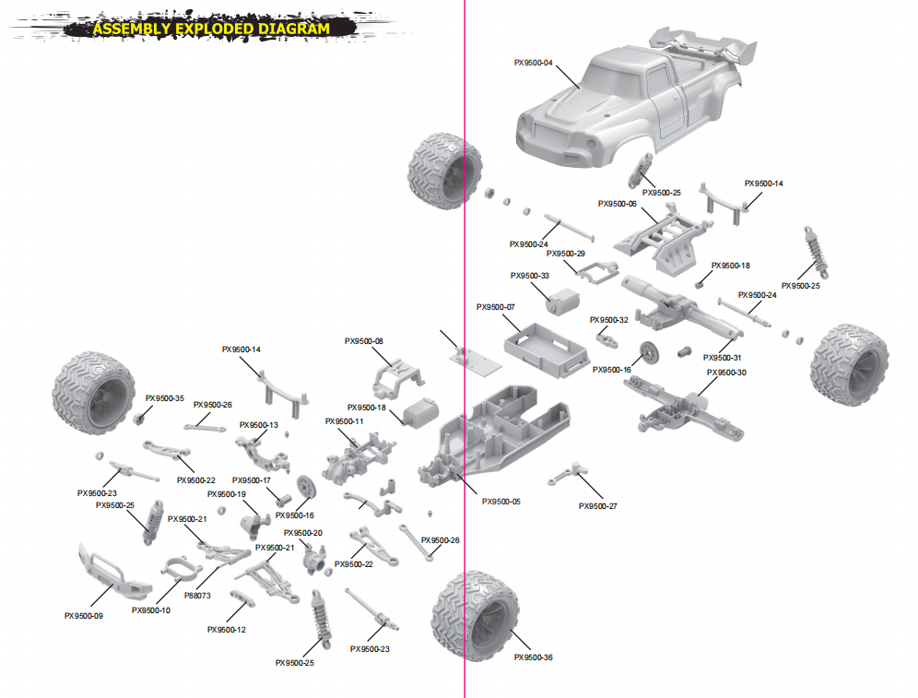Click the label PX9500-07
(496, 307)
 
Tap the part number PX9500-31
(722, 358)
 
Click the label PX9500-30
(725, 373)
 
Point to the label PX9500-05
(500, 502)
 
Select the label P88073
(197, 596)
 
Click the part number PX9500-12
(227, 630)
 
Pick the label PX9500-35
(164, 398)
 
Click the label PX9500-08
(363, 341)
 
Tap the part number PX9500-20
(303, 533)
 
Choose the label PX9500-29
(565, 253)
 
